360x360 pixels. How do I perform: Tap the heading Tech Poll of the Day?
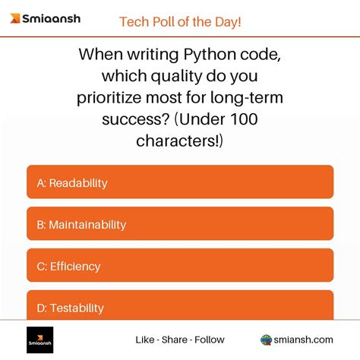[x=180, y=21]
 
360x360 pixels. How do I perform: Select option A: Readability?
[x=180, y=182]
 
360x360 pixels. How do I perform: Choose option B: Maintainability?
[x=180, y=224]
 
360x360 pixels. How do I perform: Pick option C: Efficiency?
[x=180, y=266]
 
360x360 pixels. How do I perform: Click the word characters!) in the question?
[x=180, y=141]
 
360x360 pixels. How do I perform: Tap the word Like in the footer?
[x=145, y=339]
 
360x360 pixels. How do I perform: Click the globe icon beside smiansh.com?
[x=267, y=339]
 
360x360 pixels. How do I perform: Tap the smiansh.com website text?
[x=304, y=339]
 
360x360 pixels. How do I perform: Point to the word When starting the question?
[x=103, y=55]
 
